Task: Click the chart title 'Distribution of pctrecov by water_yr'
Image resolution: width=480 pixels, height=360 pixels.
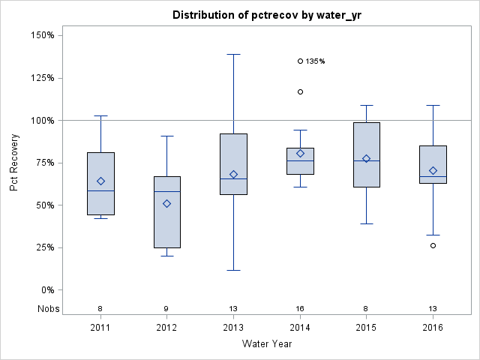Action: click(x=266, y=15)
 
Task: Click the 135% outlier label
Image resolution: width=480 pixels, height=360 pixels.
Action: click(x=315, y=61)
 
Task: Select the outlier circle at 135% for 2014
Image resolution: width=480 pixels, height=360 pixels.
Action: click(x=300, y=61)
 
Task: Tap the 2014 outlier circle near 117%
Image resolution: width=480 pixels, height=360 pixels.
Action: click(x=300, y=91)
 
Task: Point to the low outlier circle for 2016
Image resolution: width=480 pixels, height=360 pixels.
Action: click(x=433, y=245)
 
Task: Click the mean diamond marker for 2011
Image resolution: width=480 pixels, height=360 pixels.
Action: click(x=101, y=181)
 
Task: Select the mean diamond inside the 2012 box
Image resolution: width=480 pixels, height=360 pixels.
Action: click(x=167, y=203)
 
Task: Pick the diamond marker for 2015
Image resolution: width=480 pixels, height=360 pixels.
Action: click(x=366, y=158)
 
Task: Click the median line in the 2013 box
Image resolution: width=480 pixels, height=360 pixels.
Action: click(x=233, y=178)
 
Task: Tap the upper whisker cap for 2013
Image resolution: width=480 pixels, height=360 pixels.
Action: click(x=233, y=54)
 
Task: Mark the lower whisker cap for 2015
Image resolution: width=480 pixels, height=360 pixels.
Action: click(x=366, y=223)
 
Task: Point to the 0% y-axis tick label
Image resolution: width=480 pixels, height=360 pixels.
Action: click(x=46, y=289)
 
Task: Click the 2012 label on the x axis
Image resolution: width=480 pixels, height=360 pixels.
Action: click(x=167, y=328)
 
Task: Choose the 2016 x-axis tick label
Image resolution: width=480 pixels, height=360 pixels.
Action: click(x=433, y=328)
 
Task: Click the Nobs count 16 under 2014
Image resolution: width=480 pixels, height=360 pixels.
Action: click(x=300, y=308)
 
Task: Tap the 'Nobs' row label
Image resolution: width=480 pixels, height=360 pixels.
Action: click(x=43, y=308)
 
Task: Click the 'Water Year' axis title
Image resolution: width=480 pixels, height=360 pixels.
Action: click(x=266, y=344)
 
